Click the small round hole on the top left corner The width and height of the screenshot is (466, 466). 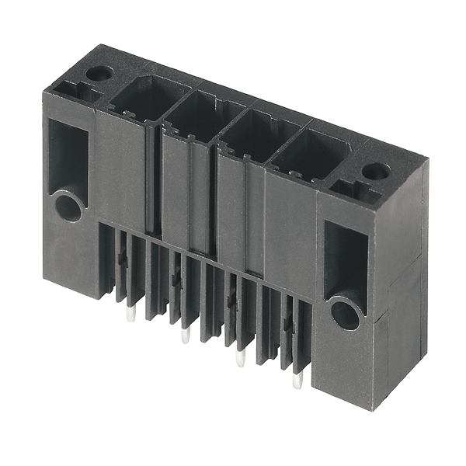[x=99, y=74]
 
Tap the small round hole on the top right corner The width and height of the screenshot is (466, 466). [x=376, y=171]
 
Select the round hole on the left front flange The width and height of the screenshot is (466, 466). [x=68, y=207]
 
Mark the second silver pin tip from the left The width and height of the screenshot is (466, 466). [x=185, y=335]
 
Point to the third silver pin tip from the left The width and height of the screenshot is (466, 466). [x=240, y=358]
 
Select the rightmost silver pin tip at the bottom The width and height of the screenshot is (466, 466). [x=297, y=381]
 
